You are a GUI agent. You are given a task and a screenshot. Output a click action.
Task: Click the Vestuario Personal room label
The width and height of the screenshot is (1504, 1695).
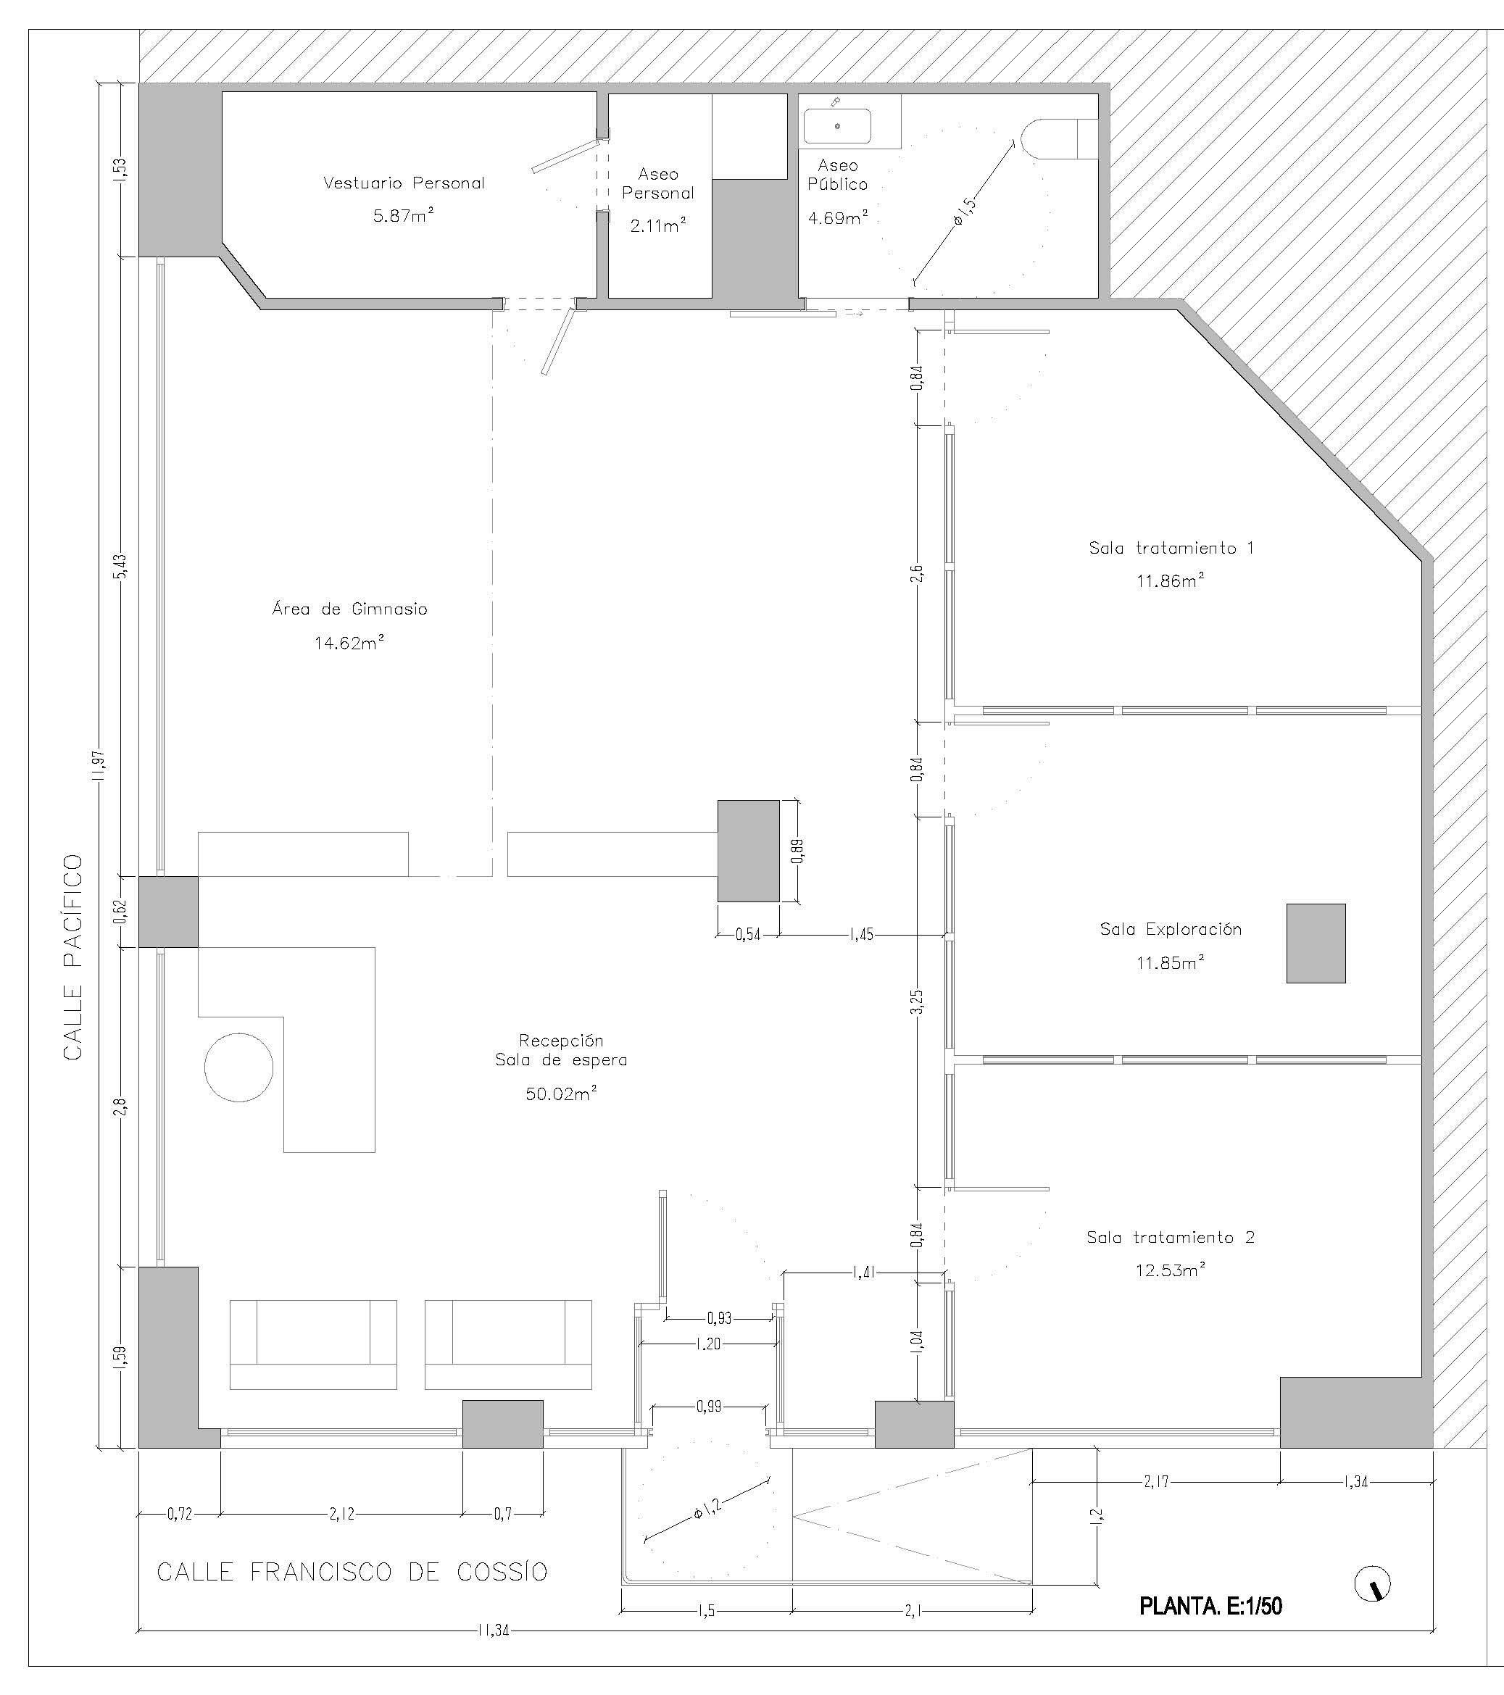[403, 183]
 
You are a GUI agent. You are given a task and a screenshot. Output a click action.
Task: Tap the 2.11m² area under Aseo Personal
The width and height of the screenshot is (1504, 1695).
[658, 225]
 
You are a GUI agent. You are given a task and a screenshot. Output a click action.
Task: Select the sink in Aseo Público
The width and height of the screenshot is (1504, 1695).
[837, 126]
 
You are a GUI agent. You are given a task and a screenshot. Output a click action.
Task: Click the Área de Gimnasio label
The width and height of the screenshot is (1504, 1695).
[349, 609]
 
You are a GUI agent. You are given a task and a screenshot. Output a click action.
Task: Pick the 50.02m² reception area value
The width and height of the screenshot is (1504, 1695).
[562, 1094]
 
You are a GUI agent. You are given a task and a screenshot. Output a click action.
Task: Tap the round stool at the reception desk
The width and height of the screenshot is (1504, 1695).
[239, 1067]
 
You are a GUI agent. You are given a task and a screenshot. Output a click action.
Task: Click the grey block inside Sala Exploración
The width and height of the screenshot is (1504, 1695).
[1316, 944]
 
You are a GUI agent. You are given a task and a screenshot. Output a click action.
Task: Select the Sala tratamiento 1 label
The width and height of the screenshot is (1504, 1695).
[1171, 548]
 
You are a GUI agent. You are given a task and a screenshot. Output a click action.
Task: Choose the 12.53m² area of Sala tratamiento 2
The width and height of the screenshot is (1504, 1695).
[1170, 1270]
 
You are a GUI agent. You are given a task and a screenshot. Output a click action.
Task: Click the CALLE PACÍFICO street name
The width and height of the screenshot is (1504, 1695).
[73, 957]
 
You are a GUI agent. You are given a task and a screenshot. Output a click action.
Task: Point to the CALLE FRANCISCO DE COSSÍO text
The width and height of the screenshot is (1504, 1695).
[352, 1571]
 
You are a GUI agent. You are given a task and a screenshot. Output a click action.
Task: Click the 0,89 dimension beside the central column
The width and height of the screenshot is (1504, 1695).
[797, 851]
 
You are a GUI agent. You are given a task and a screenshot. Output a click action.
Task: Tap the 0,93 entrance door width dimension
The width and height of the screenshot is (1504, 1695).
[719, 1318]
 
